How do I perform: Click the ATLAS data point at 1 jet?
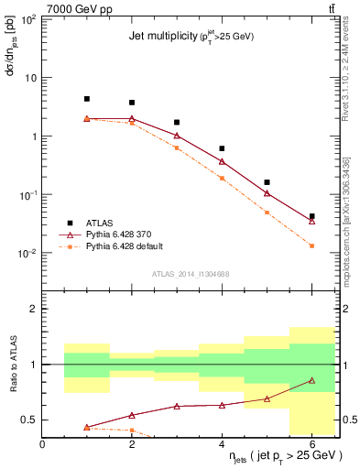coord(87,99)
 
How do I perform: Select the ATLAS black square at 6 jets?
coord(312,216)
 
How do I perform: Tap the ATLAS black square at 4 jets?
coord(223,148)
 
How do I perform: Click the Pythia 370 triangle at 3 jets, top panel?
coord(177,136)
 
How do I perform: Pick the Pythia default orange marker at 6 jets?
coord(312,245)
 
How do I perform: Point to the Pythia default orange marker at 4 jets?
coord(223,178)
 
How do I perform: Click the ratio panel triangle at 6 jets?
coord(312,380)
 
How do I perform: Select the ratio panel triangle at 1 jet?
coord(87,427)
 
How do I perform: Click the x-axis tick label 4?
coord(223,444)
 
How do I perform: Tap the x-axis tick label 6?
coord(312,444)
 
